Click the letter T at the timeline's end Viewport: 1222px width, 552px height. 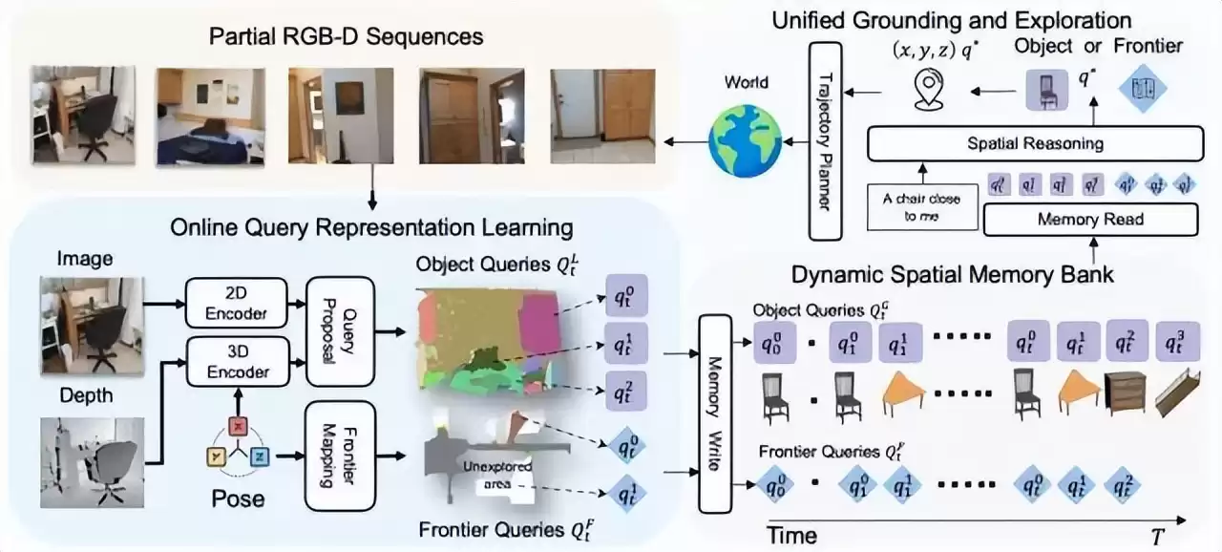(1157, 537)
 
